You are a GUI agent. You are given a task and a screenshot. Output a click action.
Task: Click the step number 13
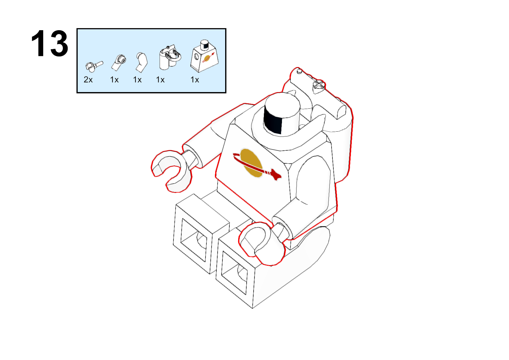tap(50, 43)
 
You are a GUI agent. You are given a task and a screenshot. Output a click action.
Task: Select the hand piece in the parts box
tap(94, 66)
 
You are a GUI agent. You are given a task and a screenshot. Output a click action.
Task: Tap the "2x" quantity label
tap(88, 80)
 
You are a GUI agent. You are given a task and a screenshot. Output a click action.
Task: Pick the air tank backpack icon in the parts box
tap(170, 57)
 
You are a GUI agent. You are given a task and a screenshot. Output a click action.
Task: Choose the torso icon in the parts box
tap(204, 56)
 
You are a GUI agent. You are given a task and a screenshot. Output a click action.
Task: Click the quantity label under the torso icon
tap(195, 80)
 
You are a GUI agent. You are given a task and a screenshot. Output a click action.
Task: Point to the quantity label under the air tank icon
tap(160, 80)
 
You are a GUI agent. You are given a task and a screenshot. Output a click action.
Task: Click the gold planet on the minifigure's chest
tap(251, 162)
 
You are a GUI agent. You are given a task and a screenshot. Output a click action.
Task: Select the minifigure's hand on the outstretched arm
tap(171, 171)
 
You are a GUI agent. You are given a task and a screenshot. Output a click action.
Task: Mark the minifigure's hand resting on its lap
tap(262, 243)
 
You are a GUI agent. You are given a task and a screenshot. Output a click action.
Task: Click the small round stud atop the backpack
tap(300, 72)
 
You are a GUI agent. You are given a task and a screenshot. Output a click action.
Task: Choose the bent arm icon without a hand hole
tap(141, 63)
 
